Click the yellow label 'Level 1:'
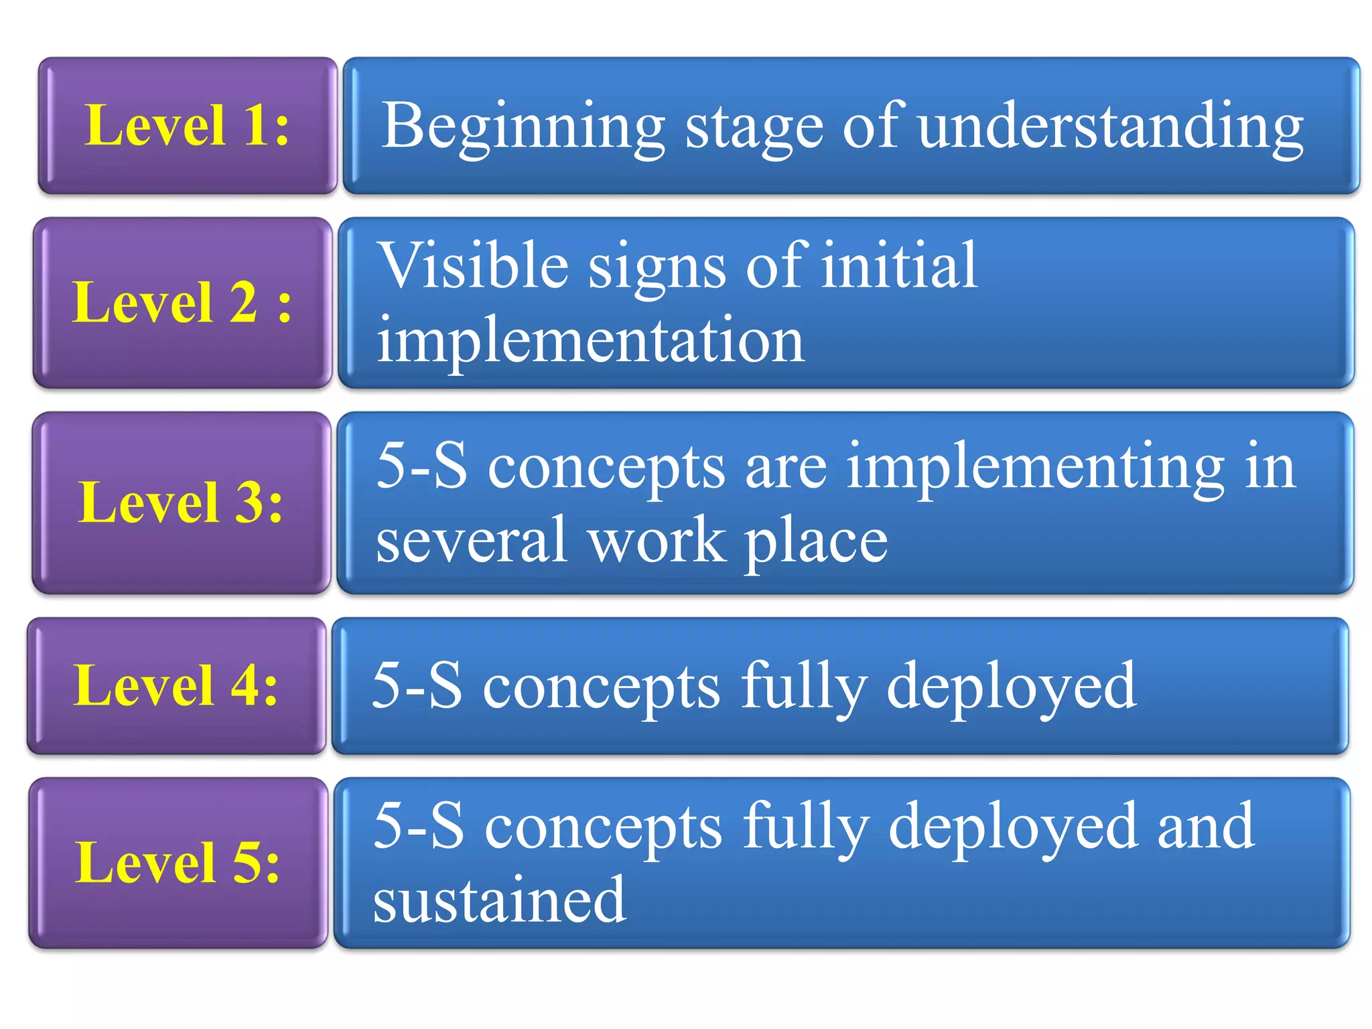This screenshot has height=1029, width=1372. (187, 125)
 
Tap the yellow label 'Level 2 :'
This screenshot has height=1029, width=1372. (182, 303)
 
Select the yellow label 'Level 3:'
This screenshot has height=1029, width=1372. (181, 502)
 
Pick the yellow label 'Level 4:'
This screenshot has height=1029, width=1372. (176, 685)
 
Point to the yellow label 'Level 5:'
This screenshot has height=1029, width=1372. (178, 863)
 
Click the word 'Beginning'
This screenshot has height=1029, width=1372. (523, 126)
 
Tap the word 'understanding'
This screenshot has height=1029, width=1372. (1111, 126)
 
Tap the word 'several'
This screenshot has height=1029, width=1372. (472, 541)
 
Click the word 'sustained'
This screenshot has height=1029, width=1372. (500, 900)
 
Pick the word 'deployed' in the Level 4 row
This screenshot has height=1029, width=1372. (1012, 686)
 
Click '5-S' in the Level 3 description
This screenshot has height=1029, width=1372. (421, 466)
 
